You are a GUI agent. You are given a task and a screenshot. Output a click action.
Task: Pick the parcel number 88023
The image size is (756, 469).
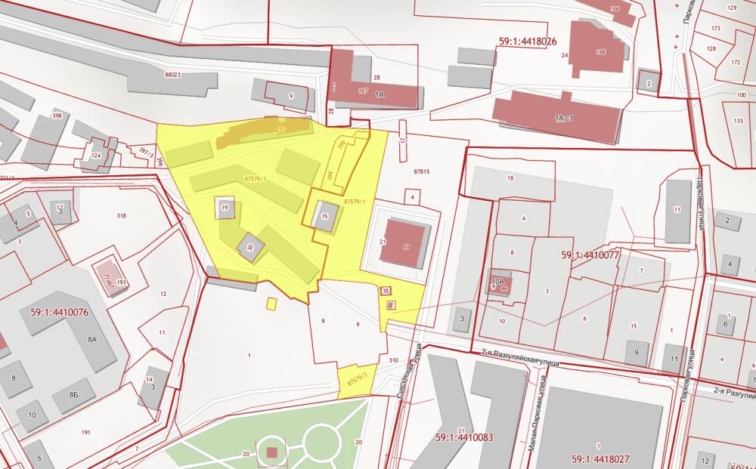tap(172, 75)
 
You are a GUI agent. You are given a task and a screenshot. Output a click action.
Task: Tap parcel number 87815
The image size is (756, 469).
tap(421, 171)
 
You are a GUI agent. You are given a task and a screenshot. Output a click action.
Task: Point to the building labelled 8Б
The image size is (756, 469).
tap(74, 394)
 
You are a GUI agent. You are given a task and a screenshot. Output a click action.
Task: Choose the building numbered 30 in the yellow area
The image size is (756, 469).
tap(249, 245)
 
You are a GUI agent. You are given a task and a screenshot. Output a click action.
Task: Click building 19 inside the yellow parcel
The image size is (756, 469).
tap(225, 207)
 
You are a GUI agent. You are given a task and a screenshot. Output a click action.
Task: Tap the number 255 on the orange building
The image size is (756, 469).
tap(281, 130)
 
